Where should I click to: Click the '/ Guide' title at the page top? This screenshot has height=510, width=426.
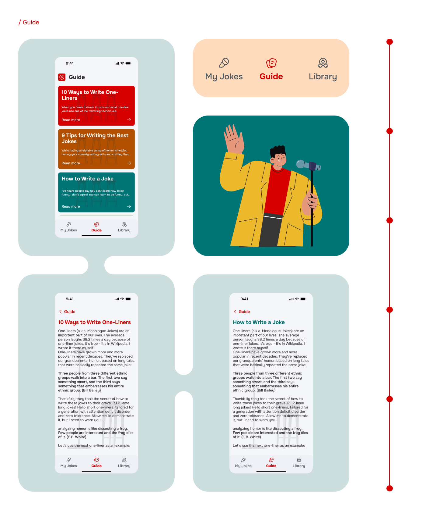(29, 22)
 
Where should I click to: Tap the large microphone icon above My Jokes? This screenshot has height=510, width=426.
(224, 63)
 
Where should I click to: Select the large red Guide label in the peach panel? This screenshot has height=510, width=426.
(271, 77)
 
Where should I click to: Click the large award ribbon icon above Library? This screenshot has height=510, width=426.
(323, 63)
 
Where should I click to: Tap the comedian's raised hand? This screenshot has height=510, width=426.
(234, 139)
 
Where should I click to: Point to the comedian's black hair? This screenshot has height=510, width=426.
(278, 151)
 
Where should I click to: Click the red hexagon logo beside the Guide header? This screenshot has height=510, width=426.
(62, 77)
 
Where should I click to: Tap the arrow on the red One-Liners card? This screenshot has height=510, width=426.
(129, 120)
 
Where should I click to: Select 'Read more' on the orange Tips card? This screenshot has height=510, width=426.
(71, 163)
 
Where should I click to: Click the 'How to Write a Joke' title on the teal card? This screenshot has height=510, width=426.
(87, 179)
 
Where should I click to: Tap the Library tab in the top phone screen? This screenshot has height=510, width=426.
(124, 227)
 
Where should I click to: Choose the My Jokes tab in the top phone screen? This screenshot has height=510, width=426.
(69, 227)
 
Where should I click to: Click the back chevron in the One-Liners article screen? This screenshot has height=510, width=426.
(61, 312)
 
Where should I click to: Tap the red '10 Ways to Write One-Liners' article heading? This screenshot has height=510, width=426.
(94, 322)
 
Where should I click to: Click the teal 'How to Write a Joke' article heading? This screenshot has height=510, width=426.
(259, 322)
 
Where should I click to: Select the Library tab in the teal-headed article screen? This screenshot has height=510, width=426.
(299, 463)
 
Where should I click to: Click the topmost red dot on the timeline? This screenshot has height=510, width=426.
(389, 42)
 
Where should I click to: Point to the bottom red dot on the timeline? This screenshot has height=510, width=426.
(389, 488)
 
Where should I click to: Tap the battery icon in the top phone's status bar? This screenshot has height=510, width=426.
(128, 63)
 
